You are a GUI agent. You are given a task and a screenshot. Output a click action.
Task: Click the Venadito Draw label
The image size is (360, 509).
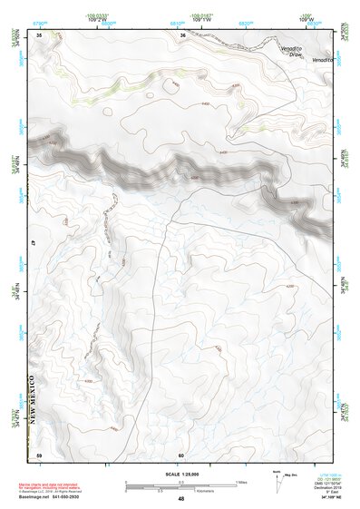click(x=290, y=54)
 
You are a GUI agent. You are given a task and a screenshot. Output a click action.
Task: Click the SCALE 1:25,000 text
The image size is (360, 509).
click(x=180, y=474)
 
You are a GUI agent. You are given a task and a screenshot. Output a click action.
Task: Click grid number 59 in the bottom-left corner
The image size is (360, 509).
click(x=39, y=454)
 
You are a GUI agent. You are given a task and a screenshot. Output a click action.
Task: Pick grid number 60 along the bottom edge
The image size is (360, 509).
click(x=181, y=454)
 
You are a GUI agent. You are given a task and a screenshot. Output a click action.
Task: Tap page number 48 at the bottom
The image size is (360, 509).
click(x=181, y=499)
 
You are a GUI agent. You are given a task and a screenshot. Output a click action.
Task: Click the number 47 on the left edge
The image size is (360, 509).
click(x=33, y=243)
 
